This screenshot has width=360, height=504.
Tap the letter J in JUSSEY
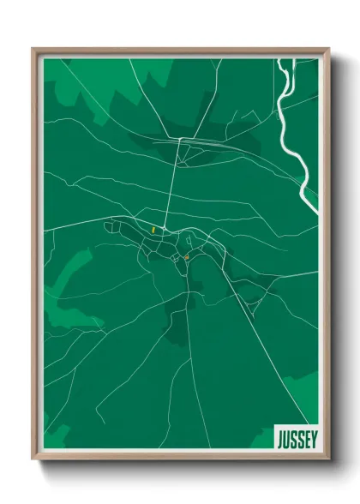click(x=279, y=438)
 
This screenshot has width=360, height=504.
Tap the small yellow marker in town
click(x=153, y=230)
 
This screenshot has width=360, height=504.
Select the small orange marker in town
click(x=186, y=256)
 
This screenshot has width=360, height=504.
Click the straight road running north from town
click(x=175, y=189)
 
